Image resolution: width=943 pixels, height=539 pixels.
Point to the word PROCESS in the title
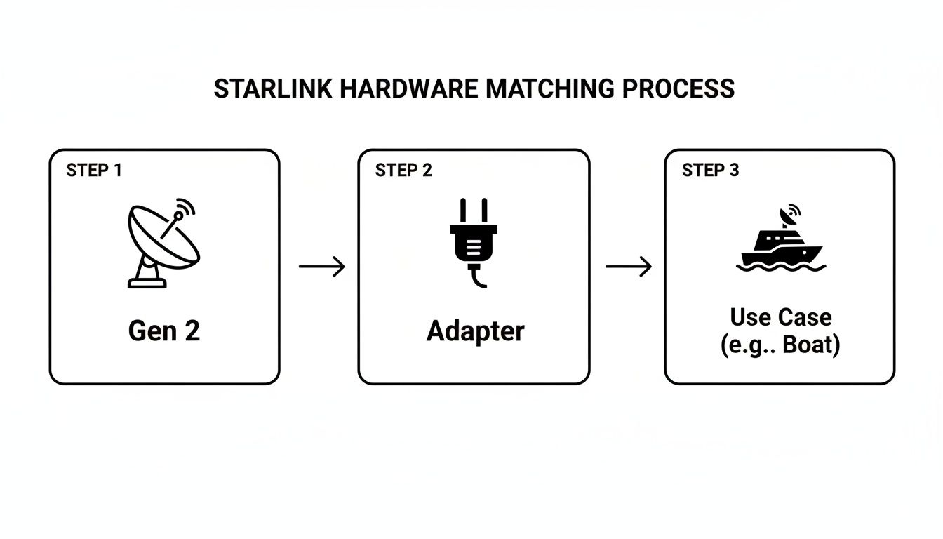point(678,89)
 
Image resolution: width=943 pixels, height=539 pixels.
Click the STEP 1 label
point(94,171)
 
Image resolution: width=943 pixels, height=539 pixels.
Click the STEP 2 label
point(403,171)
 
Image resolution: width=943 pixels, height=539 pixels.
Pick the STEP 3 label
point(710,171)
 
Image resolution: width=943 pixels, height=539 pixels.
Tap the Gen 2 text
point(164,331)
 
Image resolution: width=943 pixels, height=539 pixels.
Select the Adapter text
point(475,331)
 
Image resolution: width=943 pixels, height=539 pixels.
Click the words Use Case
point(780,317)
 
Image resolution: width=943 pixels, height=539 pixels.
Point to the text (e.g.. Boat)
point(780,346)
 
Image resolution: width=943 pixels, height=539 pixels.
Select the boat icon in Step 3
point(780,242)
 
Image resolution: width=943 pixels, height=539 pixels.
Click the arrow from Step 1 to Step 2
point(321,267)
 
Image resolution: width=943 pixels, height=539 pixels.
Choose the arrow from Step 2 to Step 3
point(628,267)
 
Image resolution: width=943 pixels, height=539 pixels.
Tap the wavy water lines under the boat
point(781,267)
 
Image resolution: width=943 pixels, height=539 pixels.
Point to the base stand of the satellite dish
point(147,275)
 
